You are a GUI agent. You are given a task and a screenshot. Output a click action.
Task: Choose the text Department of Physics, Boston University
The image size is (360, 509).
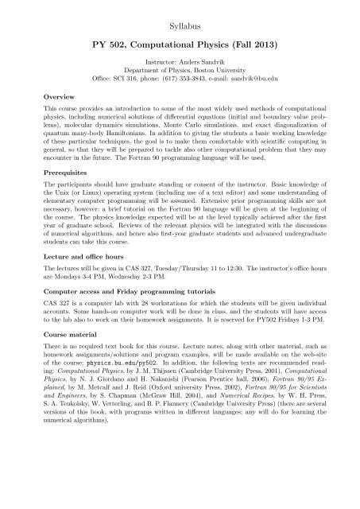point(180,70)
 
